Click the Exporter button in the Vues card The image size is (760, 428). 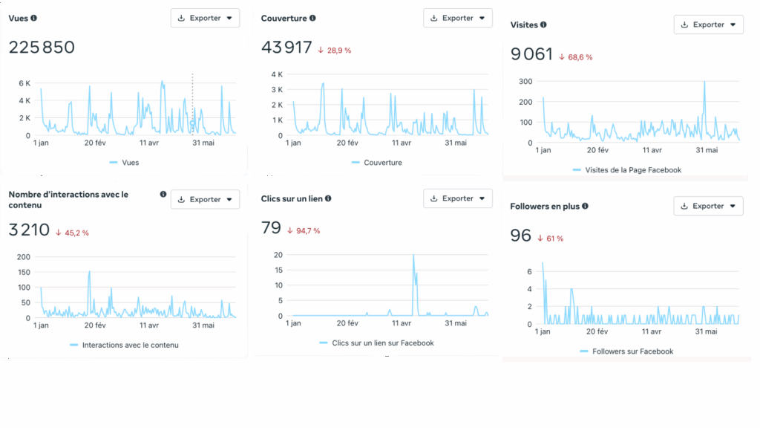(205, 18)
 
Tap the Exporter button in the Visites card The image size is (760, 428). (708, 25)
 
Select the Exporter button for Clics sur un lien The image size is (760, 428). (457, 198)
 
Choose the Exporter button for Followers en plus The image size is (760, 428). (708, 206)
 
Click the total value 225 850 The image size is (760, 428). (42, 48)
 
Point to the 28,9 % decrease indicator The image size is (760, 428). (334, 50)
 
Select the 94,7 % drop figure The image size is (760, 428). (304, 230)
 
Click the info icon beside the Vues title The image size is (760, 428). (34, 18)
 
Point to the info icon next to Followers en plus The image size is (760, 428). (586, 206)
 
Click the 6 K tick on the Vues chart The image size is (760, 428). (24, 83)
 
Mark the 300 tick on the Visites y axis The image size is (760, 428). (526, 81)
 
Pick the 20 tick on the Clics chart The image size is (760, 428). (278, 254)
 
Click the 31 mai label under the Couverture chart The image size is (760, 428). (456, 143)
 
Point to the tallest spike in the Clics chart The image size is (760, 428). (413, 256)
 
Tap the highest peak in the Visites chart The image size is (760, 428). (704, 82)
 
